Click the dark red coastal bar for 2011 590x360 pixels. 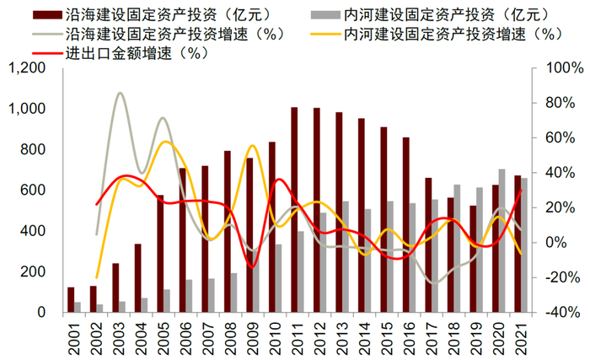pyautogui.click(x=294, y=210)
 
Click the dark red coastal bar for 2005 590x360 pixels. pyautogui.click(x=160, y=254)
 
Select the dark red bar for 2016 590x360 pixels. pyautogui.click(x=405, y=225)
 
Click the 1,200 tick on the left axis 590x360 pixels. pyautogui.click(x=31, y=68)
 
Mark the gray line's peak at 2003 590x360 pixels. pyautogui.click(x=120, y=93)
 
